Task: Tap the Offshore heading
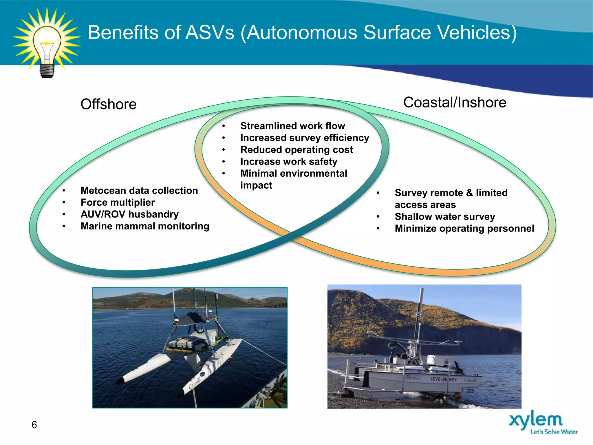pos(109,104)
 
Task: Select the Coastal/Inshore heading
pos(455,103)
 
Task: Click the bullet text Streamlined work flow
pos(292,126)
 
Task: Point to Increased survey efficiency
pos(305,138)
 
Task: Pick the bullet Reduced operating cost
pos(296,150)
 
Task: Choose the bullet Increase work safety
pos(289,162)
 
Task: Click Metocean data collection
pos(139,191)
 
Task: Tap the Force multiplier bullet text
pos(118,203)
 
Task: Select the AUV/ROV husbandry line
pos(129,214)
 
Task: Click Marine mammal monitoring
pos(145,226)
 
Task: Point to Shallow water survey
pos(445,217)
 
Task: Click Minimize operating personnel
pos(464,229)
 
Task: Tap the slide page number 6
pos(34,425)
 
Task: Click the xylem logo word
pos(536,420)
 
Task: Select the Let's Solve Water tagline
pos(554,432)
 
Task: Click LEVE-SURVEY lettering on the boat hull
pos(443,379)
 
